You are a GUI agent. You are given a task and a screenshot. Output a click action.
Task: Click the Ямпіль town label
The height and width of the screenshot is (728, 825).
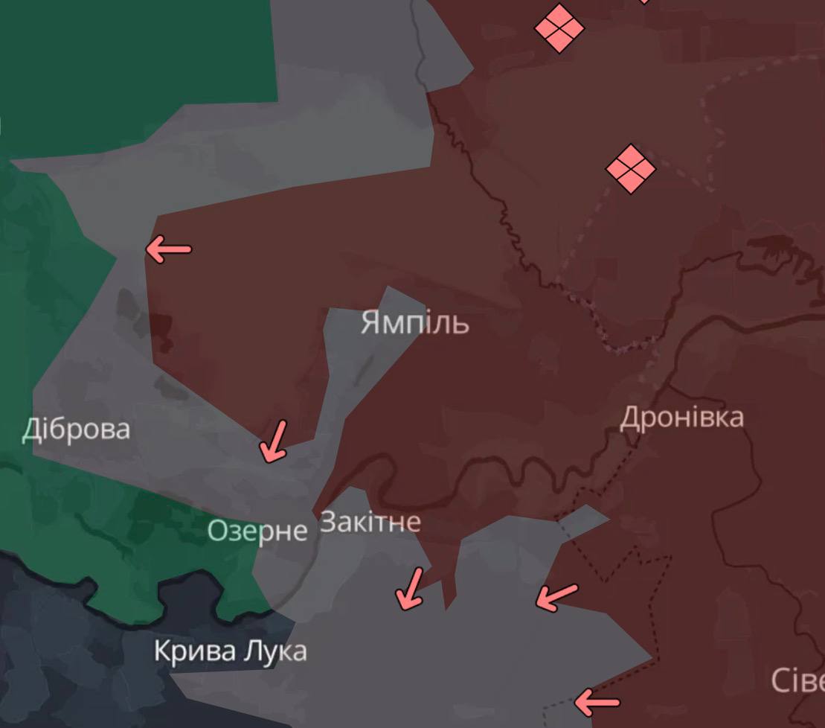click(x=414, y=324)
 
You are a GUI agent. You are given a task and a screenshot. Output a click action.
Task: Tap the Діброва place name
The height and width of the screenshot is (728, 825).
click(x=76, y=430)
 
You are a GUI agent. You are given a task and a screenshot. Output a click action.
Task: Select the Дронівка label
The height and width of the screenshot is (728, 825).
click(x=681, y=418)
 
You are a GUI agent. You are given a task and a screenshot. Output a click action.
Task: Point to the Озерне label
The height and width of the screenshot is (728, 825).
click(x=257, y=531)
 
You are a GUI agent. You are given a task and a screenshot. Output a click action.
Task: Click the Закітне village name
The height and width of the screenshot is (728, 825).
click(x=370, y=523)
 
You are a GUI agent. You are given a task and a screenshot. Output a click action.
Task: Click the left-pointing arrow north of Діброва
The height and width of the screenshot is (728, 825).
click(x=168, y=249)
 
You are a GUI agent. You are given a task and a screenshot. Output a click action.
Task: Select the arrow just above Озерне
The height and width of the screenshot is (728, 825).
click(x=273, y=441)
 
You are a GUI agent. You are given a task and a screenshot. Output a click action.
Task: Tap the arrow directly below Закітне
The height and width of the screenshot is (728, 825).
click(x=410, y=588)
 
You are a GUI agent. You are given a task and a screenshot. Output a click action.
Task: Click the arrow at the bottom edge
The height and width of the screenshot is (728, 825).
click(x=597, y=701)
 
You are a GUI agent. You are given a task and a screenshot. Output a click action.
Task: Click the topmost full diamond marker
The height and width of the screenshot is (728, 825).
click(x=559, y=28)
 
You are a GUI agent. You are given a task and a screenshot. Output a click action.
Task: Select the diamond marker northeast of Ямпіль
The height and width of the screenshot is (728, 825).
click(x=631, y=169)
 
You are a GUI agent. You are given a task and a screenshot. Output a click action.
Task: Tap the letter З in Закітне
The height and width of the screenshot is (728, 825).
click(x=327, y=523)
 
